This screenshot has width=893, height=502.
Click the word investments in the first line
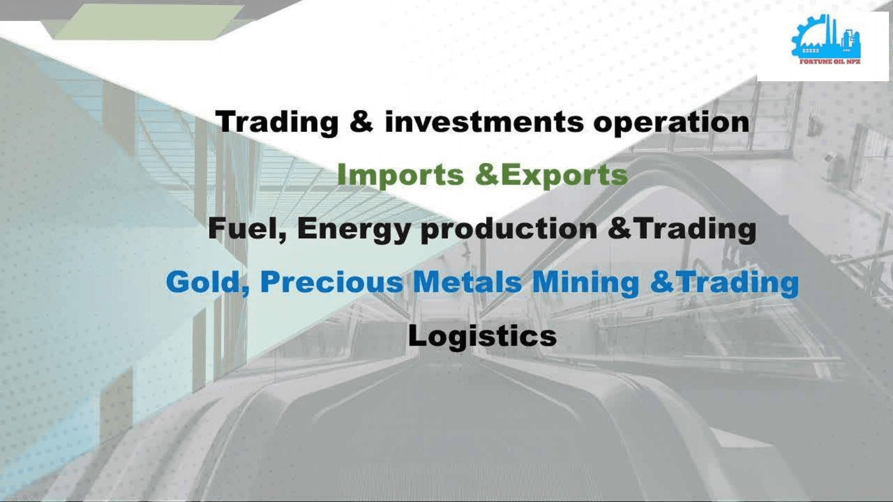[x=484, y=122]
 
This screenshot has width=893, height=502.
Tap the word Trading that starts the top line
[x=277, y=122]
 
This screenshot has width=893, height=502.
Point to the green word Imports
[x=401, y=175]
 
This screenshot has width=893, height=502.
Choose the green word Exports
[x=564, y=175]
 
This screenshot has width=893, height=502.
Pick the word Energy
[x=354, y=229]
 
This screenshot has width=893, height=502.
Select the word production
[x=509, y=229]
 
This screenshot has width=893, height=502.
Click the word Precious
[x=331, y=282]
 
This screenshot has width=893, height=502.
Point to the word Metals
[x=467, y=282]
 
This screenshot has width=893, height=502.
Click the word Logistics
[x=482, y=336]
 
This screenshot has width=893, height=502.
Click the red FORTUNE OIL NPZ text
[x=830, y=62]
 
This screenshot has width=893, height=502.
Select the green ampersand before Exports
[x=487, y=175]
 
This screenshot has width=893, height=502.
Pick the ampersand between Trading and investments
[x=361, y=122]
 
